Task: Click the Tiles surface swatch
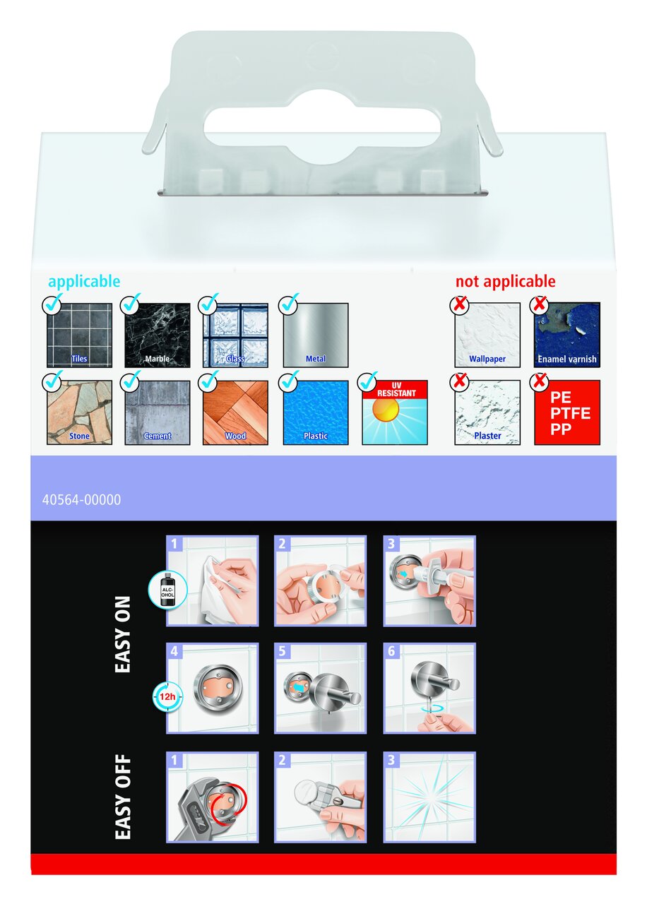tap(80, 335)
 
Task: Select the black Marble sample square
tap(157, 335)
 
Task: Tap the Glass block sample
tap(235, 335)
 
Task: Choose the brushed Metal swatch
tap(316, 335)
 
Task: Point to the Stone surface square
tap(80, 412)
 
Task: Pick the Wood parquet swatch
tap(235, 412)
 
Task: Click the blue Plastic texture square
tap(316, 412)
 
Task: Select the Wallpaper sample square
tap(487, 335)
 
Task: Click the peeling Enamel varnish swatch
tap(567, 335)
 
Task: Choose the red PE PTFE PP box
tap(567, 412)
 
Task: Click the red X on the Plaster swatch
tap(459, 381)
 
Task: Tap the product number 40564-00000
tap(81, 499)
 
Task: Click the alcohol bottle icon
tap(167, 591)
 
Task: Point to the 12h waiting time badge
tap(167, 696)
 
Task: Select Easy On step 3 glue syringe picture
tap(429, 581)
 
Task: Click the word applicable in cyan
tap(84, 282)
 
